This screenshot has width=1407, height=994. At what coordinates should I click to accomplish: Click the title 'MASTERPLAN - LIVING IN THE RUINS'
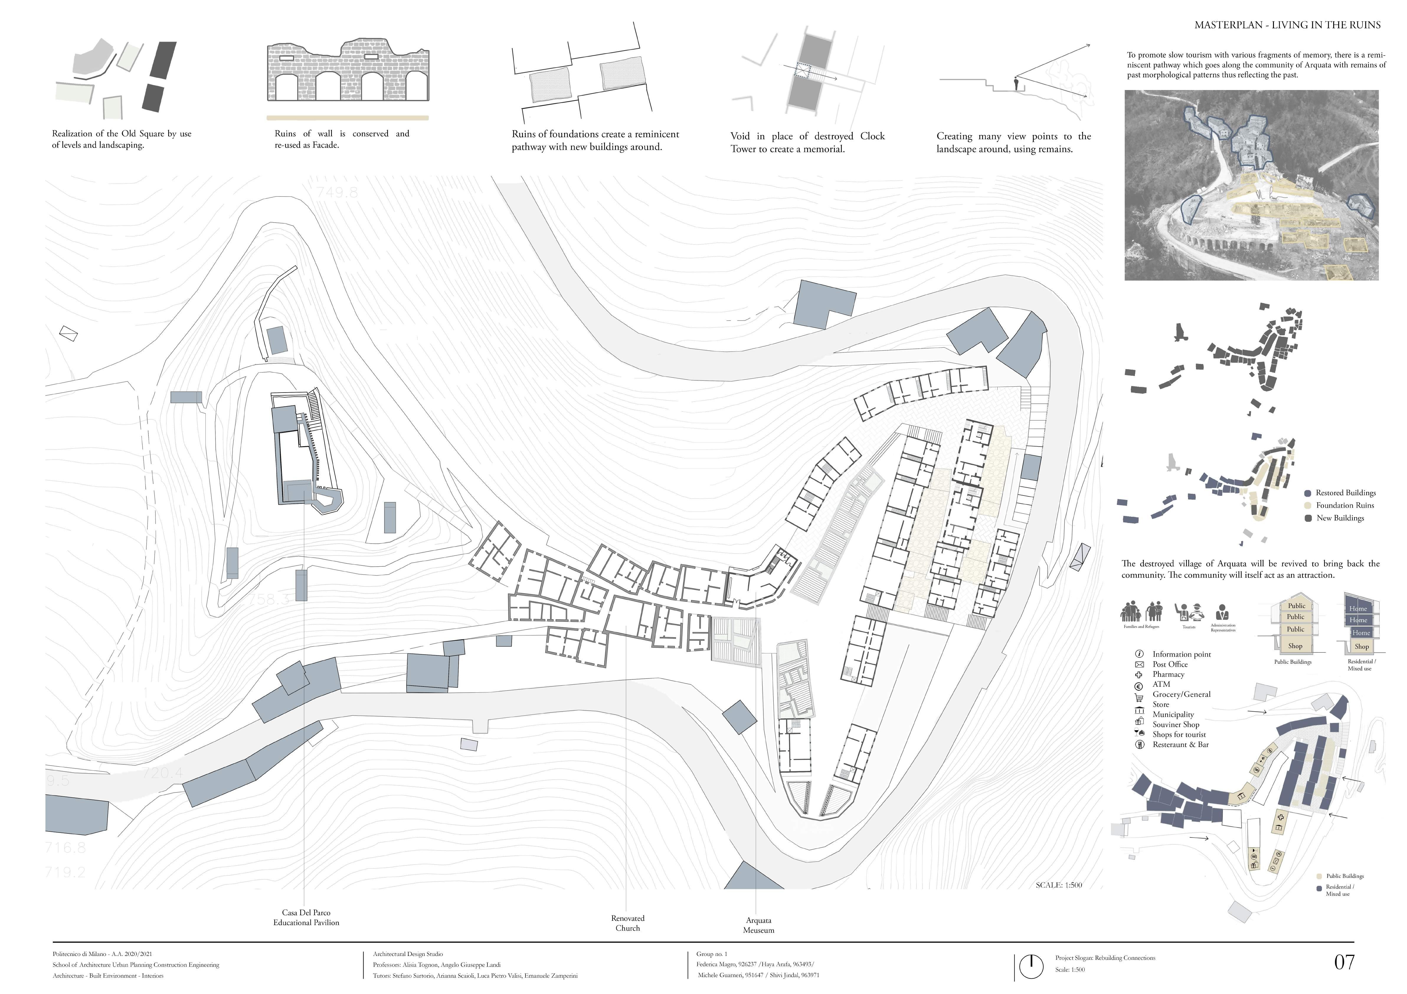[1287, 25]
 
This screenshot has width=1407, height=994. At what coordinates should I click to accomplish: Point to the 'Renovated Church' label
[627, 923]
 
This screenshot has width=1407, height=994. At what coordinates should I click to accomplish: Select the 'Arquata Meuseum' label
[759, 925]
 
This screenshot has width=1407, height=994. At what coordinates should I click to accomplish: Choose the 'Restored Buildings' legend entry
[1345, 493]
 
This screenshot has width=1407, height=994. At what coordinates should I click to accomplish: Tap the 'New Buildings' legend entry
[1340, 518]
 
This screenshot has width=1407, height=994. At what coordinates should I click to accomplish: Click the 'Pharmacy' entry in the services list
[1168, 674]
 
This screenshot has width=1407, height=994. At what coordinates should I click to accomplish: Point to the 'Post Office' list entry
[1170, 664]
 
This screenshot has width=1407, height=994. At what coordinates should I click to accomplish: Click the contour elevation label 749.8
[337, 192]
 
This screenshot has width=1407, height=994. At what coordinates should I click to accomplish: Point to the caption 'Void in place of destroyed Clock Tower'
[807, 142]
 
